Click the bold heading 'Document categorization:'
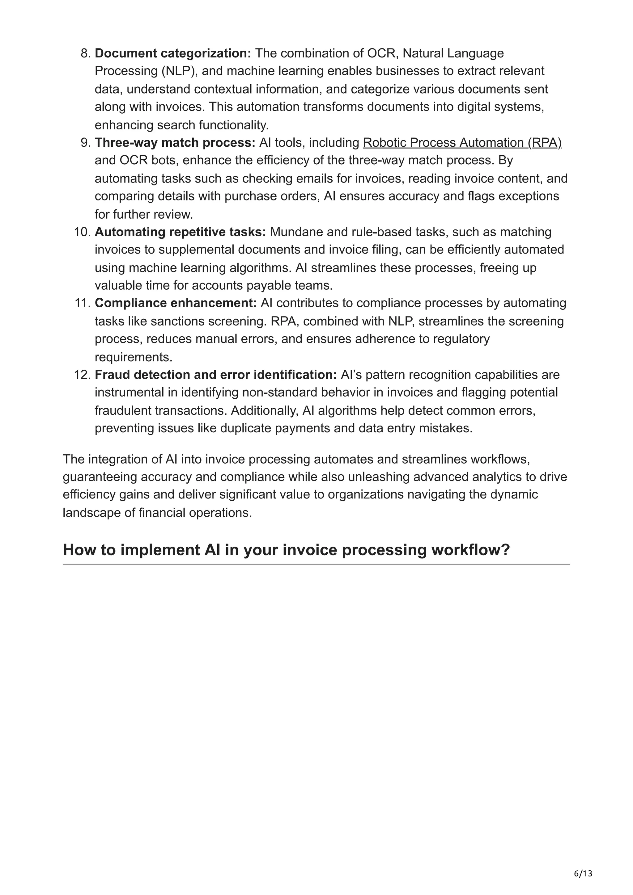pyautogui.click(x=173, y=53)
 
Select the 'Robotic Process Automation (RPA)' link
pyautogui.click(x=462, y=143)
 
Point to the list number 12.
pyautogui.click(x=82, y=375)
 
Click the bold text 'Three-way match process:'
pyautogui.click(x=175, y=143)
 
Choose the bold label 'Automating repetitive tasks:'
pyautogui.click(x=180, y=232)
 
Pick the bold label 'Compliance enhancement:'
pyautogui.click(x=176, y=303)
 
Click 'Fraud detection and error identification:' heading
pyautogui.click(x=216, y=375)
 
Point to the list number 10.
pyautogui.click(x=82, y=232)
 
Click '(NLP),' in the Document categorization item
pyautogui.click(x=180, y=71)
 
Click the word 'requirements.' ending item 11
pyautogui.click(x=134, y=357)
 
